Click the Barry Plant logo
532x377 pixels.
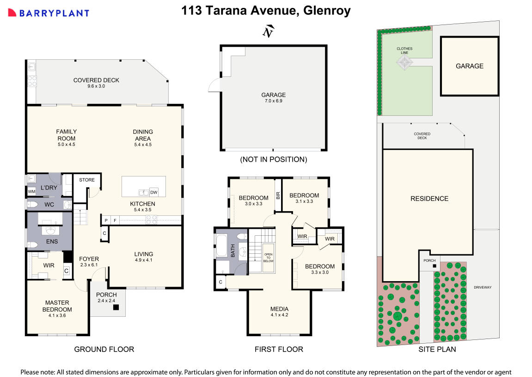coord(48,13)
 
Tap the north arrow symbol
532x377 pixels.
coord(268,31)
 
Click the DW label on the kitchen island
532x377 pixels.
coord(154,192)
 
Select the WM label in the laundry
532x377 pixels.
coord(31,191)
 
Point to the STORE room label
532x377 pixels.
coord(87,180)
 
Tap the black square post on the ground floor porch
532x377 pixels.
coord(116,307)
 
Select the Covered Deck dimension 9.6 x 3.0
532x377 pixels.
coord(96,87)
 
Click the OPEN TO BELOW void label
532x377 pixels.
coord(269,258)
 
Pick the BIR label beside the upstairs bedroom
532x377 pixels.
coord(278,195)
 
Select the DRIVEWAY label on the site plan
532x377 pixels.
coord(482,287)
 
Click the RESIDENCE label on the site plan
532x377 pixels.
coord(429,199)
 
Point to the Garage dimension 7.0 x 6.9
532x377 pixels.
coord(274,101)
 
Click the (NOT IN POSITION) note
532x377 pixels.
coord(273,159)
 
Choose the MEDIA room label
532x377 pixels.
coord(279,309)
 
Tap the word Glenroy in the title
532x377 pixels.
coord(327,11)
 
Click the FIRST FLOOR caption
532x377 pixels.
coord(279,349)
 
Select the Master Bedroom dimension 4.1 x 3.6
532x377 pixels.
coord(57,315)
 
